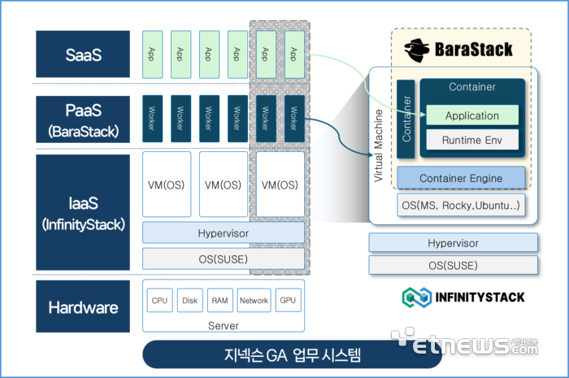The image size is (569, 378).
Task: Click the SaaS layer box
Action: (83, 54)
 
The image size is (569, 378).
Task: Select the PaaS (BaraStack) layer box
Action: (83, 119)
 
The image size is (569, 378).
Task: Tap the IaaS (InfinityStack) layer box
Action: (83, 212)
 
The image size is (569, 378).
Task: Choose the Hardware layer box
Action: (83, 306)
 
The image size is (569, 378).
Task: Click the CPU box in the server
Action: (159, 300)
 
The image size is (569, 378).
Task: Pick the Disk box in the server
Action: (189, 300)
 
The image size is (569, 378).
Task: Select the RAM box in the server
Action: (220, 300)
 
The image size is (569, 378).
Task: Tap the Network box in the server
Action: (254, 300)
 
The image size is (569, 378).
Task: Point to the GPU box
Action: (288, 300)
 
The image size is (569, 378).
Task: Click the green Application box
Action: (472, 115)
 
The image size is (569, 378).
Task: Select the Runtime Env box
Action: (472, 140)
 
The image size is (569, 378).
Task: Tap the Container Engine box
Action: (461, 178)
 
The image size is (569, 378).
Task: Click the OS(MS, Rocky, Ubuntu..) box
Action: (461, 206)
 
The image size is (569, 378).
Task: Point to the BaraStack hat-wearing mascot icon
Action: (417, 50)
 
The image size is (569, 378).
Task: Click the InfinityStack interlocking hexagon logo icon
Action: (417, 298)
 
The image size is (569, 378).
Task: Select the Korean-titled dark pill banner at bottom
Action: (292, 354)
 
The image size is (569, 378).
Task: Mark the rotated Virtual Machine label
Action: (378, 146)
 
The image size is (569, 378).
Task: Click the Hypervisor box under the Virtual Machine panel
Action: (453, 243)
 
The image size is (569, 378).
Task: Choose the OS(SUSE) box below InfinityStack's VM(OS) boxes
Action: (224, 259)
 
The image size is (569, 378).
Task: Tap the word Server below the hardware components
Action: (224, 326)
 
